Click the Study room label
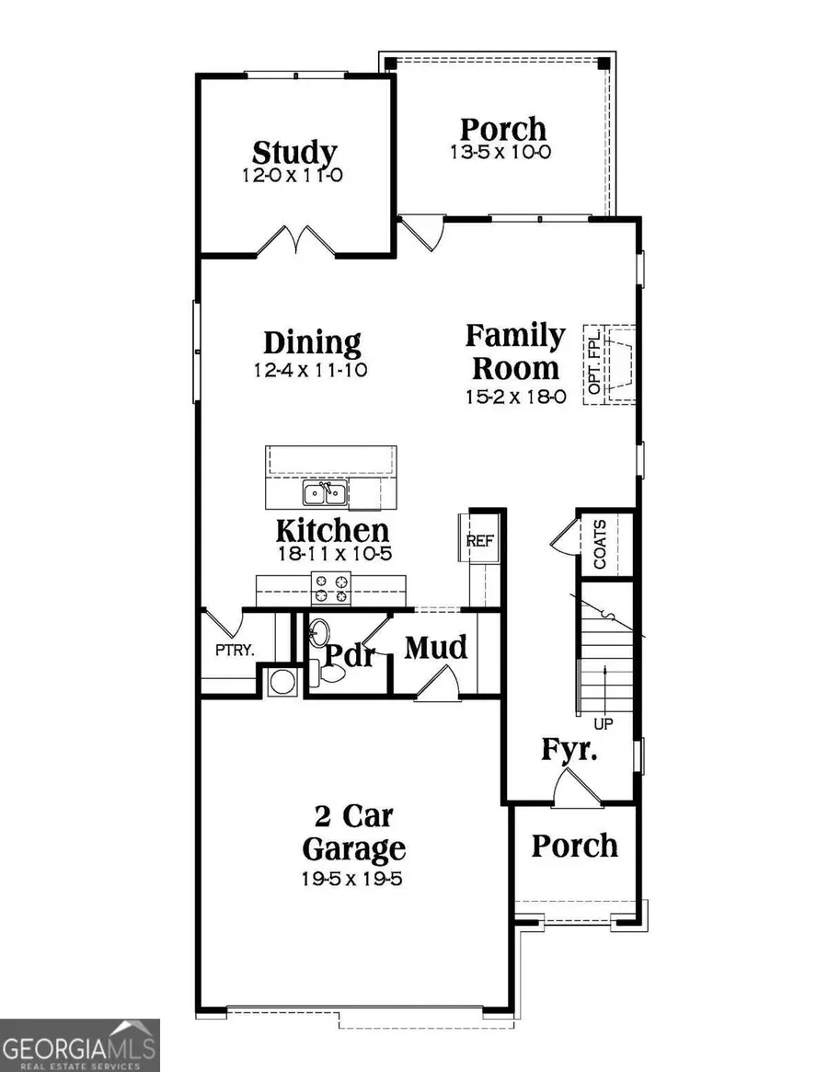[x=294, y=152]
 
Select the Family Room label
[x=515, y=352]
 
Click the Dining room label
[x=312, y=343]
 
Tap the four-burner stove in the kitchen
[x=331, y=587]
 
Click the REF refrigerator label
[x=480, y=540]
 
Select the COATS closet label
[x=600, y=545]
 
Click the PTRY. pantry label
[x=235, y=650]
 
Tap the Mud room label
[x=436, y=649]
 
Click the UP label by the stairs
[x=604, y=723]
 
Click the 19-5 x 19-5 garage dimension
[x=353, y=879]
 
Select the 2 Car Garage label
[x=353, y=831]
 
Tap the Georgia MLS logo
[x=80, y=1045]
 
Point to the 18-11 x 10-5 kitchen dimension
[x=332, y=554]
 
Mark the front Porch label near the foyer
[x=575, y=845]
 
